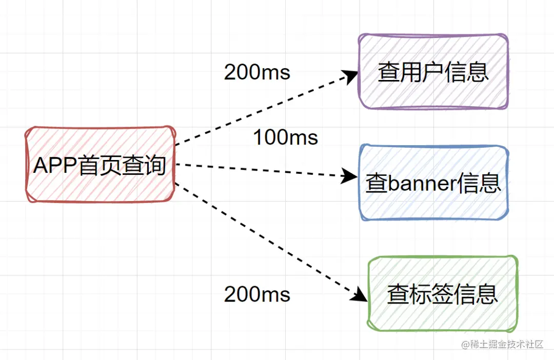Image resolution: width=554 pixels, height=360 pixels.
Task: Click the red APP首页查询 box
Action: point(100,164)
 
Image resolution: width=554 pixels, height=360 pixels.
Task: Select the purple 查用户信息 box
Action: point(433,72)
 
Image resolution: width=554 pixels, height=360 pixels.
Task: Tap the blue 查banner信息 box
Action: point(433,183)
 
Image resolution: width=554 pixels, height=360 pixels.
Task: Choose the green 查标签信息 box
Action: point(442,293)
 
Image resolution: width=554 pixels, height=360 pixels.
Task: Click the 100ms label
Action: point(285,137)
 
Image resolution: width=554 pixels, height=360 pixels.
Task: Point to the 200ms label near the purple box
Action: point(257,72)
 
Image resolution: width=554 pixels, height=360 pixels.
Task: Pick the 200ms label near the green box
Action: point(257,294)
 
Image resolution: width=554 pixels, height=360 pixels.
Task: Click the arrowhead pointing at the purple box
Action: point(351,76)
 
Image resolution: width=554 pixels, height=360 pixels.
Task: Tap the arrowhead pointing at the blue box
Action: point(350,176)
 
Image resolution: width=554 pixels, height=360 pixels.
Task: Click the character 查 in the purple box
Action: point(389,72)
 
